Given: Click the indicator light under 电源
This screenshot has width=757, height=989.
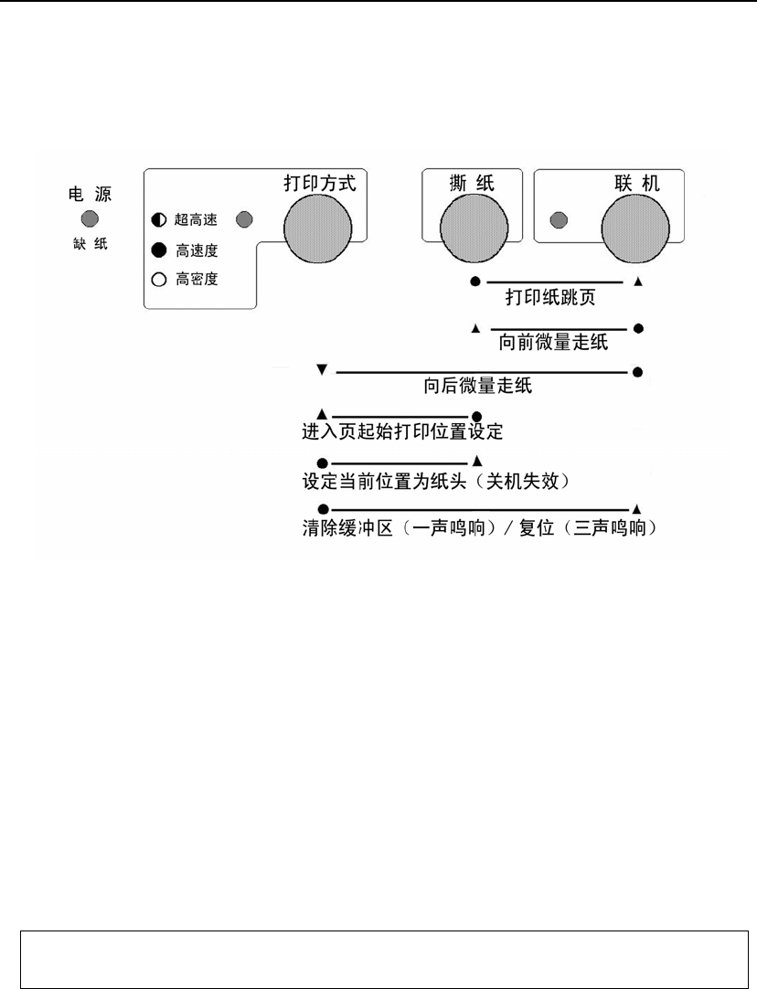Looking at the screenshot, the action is [90, 218].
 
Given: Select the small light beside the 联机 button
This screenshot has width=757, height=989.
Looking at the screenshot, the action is [557, 220].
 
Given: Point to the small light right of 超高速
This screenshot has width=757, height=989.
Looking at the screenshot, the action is [245, 219].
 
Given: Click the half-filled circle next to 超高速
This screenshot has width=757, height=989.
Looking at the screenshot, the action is [158, 220].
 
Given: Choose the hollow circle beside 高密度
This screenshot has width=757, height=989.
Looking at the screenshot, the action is [158, 280].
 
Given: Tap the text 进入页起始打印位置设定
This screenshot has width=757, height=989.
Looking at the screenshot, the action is [403, 431].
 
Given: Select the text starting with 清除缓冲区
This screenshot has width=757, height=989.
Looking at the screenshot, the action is [480, 528].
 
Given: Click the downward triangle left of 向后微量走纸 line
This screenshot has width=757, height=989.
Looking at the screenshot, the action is [321, 370].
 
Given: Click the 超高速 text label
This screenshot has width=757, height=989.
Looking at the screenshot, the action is [196, 220].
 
